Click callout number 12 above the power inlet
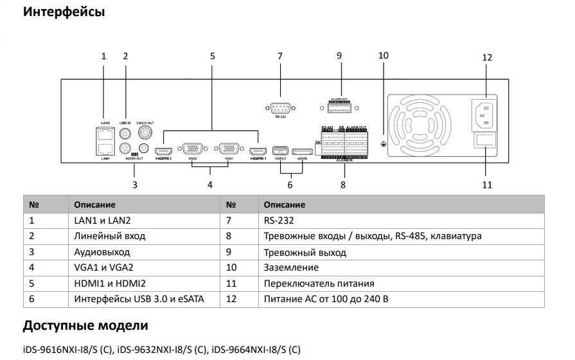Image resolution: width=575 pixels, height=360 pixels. [486, 57]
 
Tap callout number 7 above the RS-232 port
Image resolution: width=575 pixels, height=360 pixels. [280, 55]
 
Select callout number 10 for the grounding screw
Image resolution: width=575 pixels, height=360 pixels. [384, 55]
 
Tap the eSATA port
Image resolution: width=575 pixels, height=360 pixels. [301, 151]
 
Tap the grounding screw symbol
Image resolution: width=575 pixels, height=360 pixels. [384, 143]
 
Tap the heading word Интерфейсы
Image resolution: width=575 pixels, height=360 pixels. [64, 12]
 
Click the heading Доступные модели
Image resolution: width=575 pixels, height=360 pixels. [85, 326]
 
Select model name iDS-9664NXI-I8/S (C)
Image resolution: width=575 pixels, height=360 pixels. [256, 350]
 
